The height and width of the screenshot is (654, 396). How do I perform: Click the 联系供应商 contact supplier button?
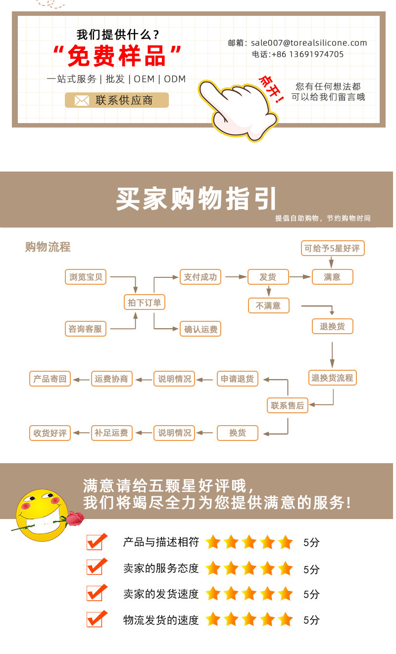click(117, 100)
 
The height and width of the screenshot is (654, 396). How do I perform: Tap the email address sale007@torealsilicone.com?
click(309, 43)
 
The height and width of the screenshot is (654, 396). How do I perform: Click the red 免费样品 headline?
click(117, 56)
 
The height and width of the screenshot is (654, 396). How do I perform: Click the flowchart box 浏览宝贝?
click(86, 277)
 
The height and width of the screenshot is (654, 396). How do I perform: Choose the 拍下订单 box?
click(144, 303)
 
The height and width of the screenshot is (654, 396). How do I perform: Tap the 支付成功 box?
click(200, 277)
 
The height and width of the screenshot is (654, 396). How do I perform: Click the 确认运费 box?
click(200, 329)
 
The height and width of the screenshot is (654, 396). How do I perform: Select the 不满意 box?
click(268, 305)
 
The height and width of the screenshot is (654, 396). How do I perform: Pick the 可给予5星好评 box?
click(333, 248)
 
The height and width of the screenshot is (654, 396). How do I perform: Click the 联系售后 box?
click(287, 405)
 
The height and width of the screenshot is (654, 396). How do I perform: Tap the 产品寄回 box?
click(50, 379)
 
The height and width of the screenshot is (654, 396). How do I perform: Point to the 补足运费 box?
click(111, 433)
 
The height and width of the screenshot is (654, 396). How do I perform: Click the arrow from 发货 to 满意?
click(300, 277)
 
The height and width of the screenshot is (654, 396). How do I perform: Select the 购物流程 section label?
click(48, 247)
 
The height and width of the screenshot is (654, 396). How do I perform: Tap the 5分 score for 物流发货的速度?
click(311, 620)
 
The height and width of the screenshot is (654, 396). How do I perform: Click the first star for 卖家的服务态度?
click(213, 568)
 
